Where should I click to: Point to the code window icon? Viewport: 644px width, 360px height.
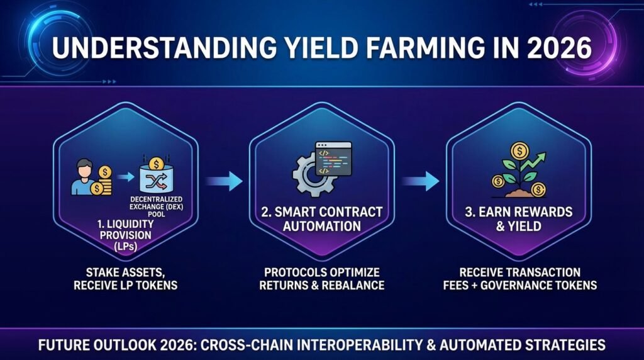333,159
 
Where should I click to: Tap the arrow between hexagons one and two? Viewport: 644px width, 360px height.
224,181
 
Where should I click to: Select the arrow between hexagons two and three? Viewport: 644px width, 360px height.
420,181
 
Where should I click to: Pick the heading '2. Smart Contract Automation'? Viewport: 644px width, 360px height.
321,218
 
